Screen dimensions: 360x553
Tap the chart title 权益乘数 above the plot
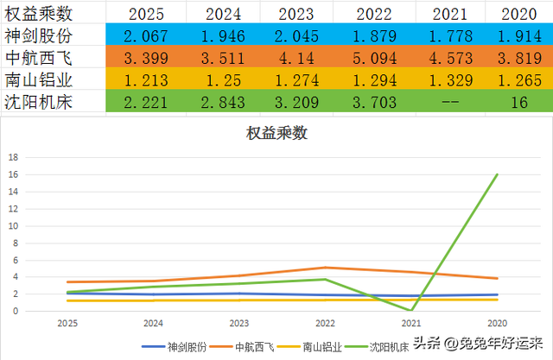click(x=276, y=134)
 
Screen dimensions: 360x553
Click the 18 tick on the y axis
click(x=12, y=158)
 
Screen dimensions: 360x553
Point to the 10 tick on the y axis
click(x=12, y=226)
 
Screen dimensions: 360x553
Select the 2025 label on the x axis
click(x=67, y=324)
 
